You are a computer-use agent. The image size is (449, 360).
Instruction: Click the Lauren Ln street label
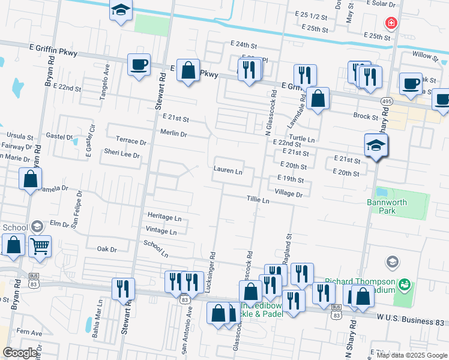coord(228,170)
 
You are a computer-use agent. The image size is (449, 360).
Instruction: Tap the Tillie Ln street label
coord(258,199)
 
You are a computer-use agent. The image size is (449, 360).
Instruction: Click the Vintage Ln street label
coord(163,230)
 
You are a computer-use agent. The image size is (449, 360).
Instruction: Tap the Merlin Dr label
coord(174,132)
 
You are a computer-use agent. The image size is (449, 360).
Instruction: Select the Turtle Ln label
coord(302,139)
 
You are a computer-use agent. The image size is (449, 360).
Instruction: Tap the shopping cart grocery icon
coord(40,245)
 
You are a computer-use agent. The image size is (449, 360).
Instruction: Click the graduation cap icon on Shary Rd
coord(376,145)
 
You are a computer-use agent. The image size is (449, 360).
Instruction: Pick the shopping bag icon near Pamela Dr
coord(30,178)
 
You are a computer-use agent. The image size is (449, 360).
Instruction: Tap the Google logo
coord(20,353)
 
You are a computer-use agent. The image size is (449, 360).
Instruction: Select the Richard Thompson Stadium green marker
coord(405,283)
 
